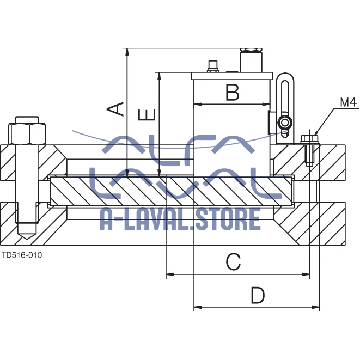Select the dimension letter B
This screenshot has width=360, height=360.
[x=233, y=92]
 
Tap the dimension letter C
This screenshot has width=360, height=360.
[x=233, y=262]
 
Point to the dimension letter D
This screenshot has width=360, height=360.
[x=258, y=295]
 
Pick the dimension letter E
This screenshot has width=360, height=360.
[x=147, y=115]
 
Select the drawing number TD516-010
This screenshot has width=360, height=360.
[x=22, y=255]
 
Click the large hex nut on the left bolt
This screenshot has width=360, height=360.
[x=27, y=134]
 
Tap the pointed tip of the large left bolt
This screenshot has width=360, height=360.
[x=27, y=239]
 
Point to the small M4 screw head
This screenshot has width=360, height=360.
[x=309, y=138]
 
